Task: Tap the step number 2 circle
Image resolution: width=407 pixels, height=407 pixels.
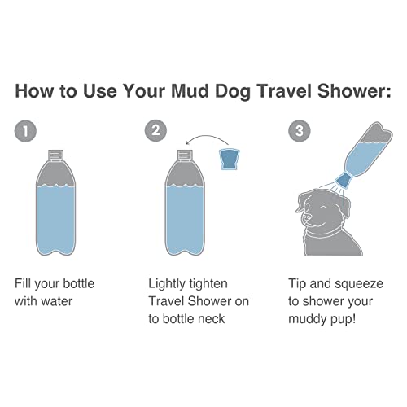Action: tap(155, 129)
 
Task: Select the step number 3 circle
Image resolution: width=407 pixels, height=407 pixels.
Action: tap(299, 129)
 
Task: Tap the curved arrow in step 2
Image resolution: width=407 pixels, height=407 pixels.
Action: tap(208, 139)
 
